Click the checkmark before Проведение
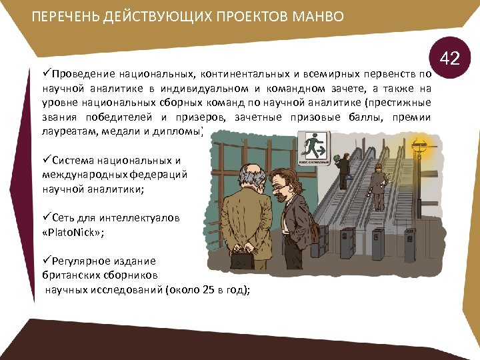45,73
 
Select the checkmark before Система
45,161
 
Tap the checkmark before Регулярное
45,261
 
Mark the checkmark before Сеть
45,218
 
